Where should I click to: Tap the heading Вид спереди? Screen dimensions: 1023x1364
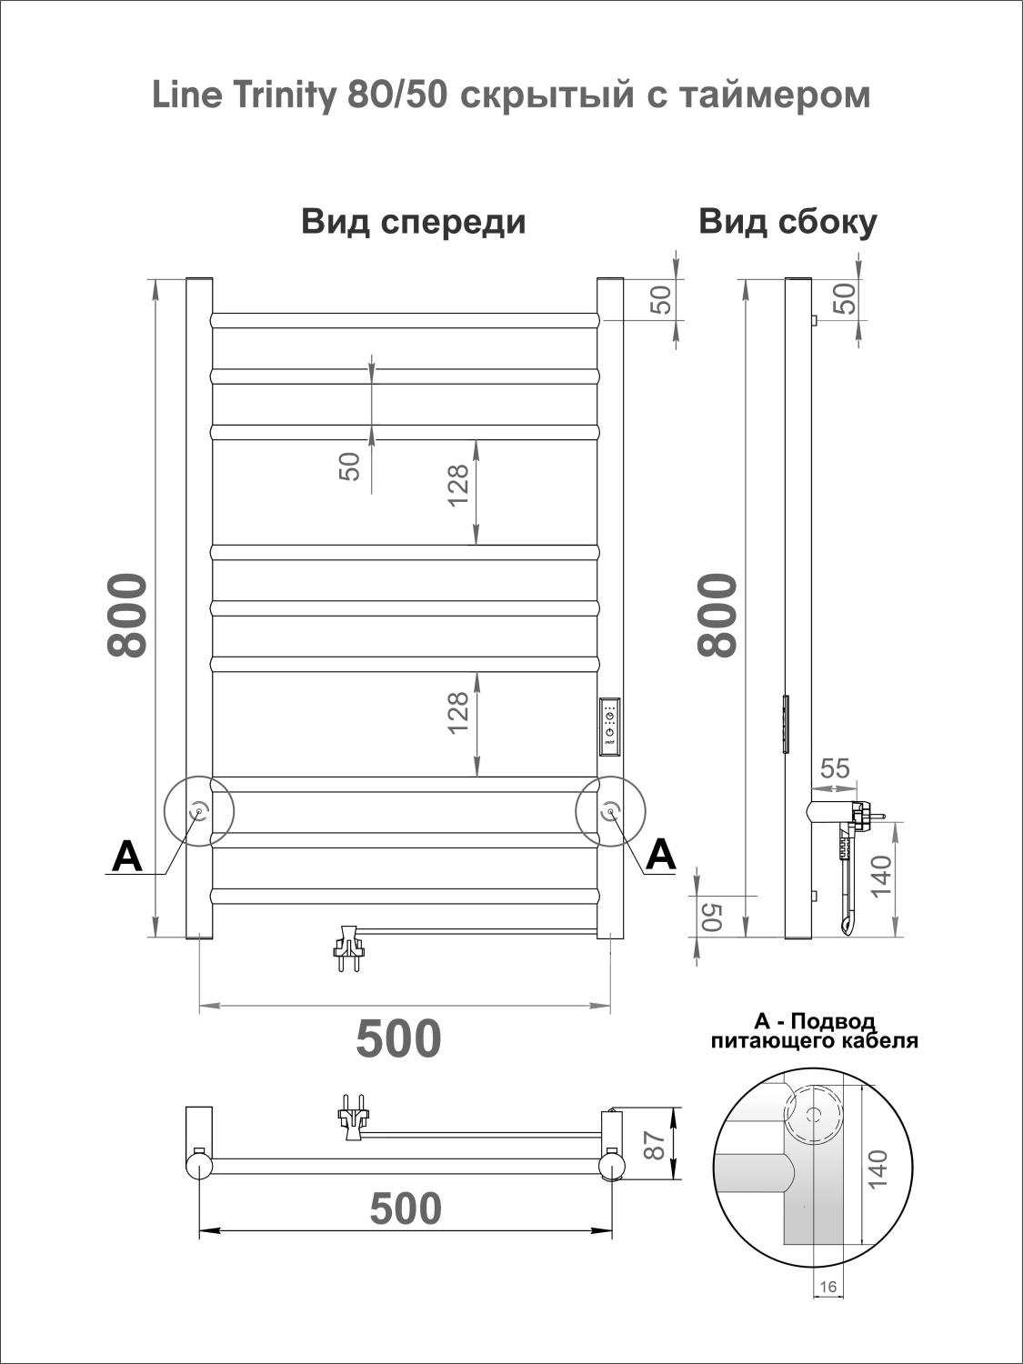(414, 223)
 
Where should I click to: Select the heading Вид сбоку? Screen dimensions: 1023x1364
(787, 223)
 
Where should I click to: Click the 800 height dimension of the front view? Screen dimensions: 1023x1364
(127, 615)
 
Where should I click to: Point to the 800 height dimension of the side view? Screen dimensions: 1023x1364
(717, 615)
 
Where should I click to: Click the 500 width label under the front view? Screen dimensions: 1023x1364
(399, 1038)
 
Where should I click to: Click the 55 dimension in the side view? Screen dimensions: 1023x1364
(834, 768)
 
